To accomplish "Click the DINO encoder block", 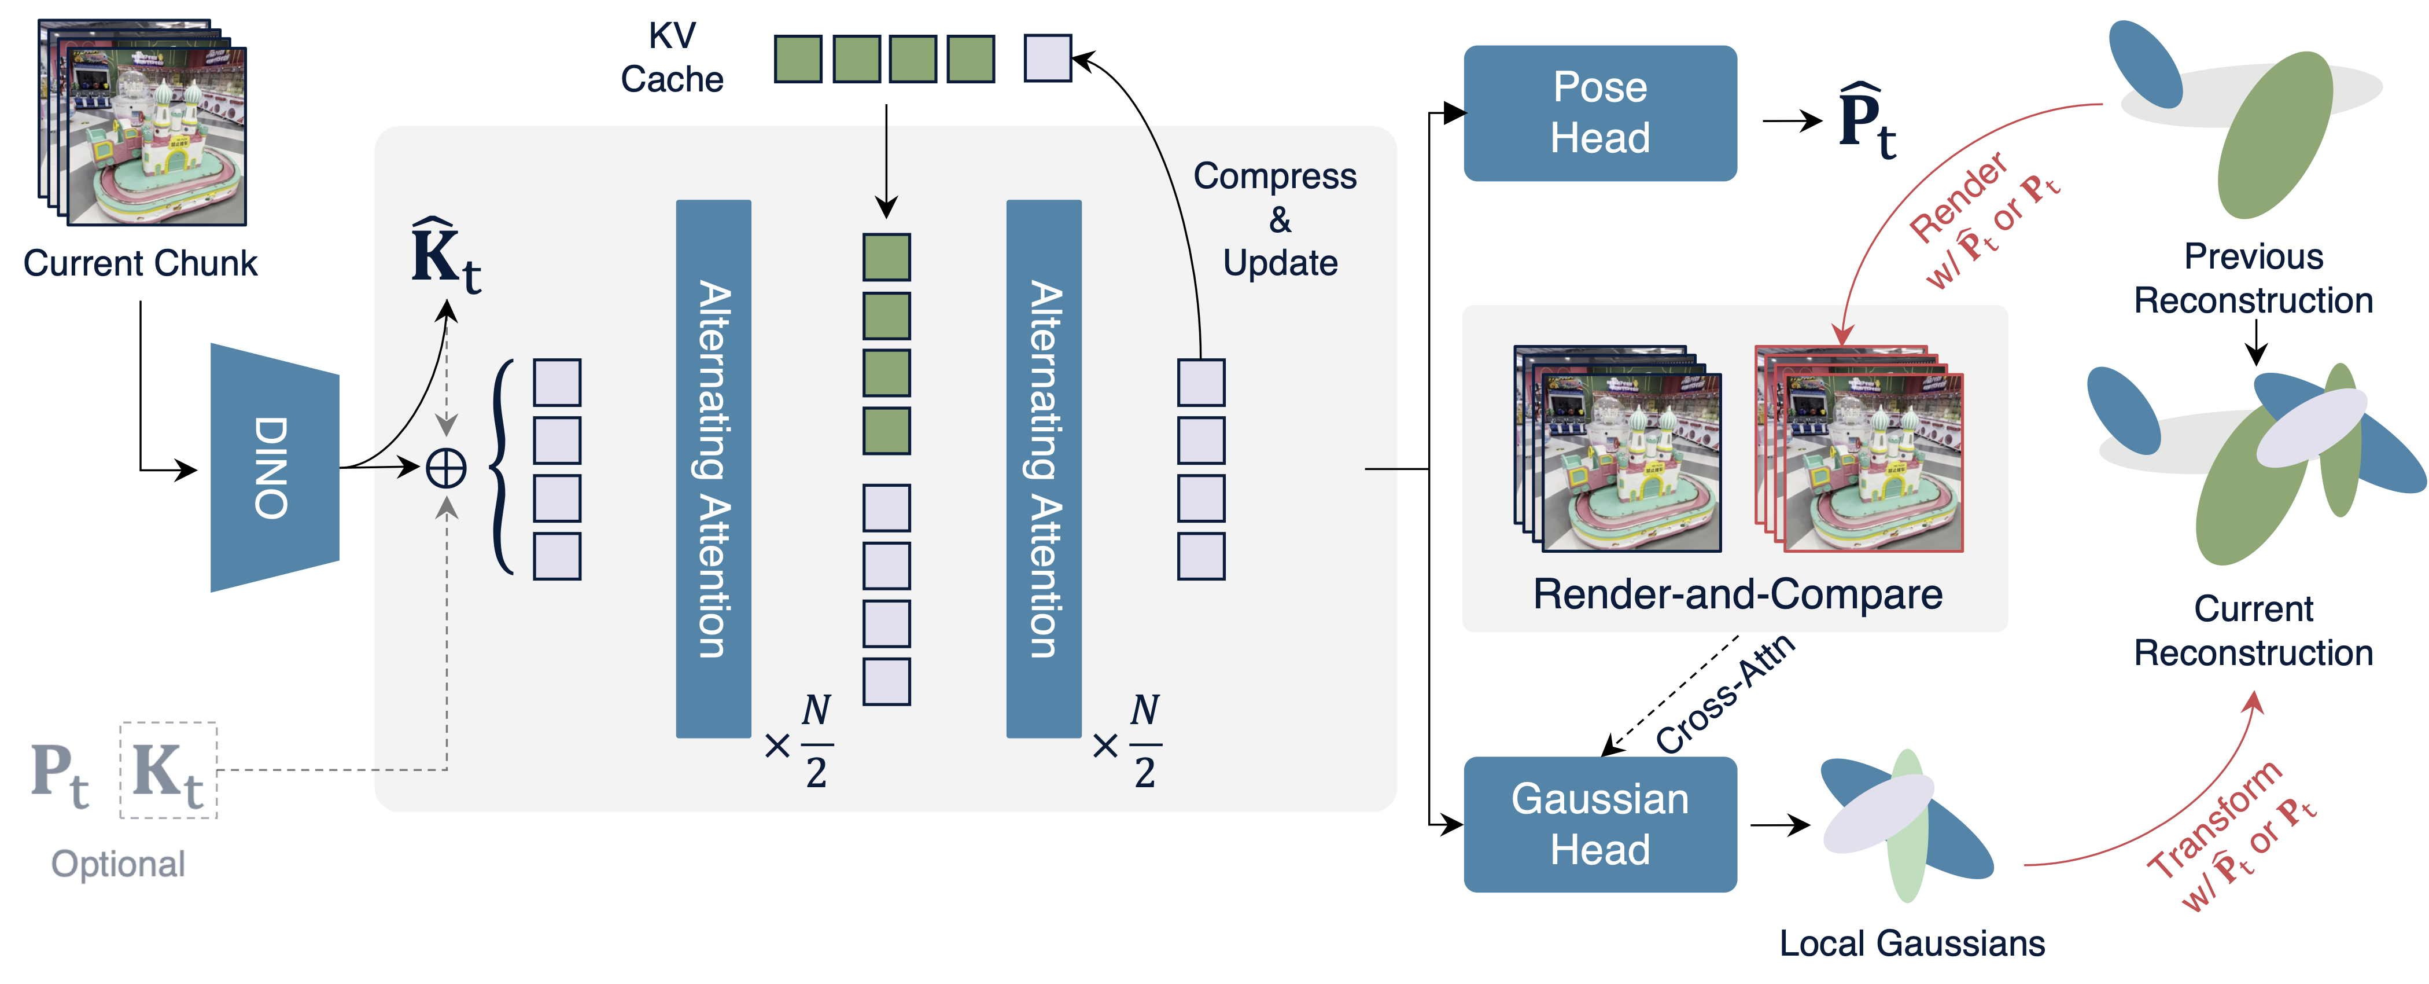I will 274,467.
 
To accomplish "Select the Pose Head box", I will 1599,113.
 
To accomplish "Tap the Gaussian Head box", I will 1599,824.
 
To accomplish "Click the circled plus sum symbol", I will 446,468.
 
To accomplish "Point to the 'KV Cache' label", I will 672,58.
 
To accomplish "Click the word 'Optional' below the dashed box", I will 118,863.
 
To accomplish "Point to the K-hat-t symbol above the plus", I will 445,255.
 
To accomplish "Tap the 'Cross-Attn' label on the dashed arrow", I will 1726,693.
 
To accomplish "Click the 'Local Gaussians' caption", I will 1911,942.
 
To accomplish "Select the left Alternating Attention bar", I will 713,468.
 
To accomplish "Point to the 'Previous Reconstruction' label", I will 2253,278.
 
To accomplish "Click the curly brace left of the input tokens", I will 503,468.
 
